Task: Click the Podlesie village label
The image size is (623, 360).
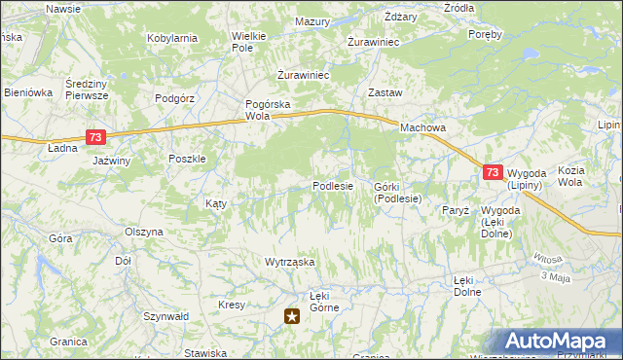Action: pos(332,186)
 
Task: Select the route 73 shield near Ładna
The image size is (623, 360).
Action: pos(94,137)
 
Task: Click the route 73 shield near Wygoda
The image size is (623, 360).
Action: pos(493,172)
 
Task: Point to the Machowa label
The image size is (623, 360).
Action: pos(422,127)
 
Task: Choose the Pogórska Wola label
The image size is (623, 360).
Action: pos(269,109)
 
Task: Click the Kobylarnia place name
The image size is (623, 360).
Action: pos(172,38)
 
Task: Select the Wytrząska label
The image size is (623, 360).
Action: pos(289,263)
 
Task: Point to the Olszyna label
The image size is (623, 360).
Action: pos(144,233)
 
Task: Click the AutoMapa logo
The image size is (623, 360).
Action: pos(560,342)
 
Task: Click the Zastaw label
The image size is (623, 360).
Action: pos(385,92)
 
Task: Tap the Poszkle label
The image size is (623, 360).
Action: pos(186,160)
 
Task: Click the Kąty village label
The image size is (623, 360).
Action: pos(215,203)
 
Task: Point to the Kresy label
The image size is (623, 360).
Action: pos(232,305)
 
